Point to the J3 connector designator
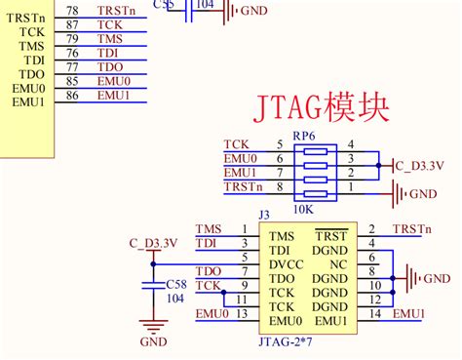(263, 215)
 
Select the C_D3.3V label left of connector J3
(152, 243)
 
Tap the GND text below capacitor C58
(153, 342)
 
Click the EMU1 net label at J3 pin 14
(409, 313)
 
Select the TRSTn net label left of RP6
(242, 187)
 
